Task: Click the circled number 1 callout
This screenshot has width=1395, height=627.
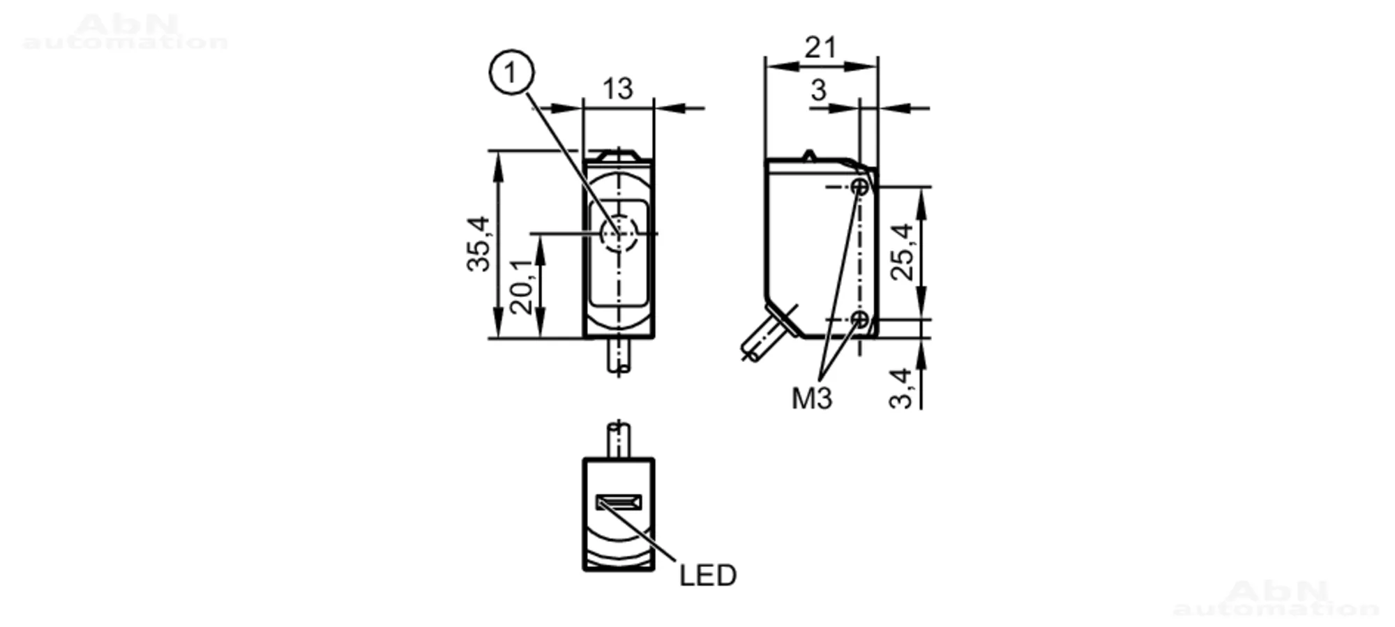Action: pos(512,73)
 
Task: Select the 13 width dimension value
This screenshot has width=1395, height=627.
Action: pos(617,89)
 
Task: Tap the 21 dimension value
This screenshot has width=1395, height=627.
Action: pos(820,47)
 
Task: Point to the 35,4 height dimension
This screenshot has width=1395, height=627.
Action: pos(479,243)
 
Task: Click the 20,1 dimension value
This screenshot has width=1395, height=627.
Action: pos(522,286)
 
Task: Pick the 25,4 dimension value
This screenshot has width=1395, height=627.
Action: pos(903,252)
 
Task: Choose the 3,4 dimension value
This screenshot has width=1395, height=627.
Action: pos(901,388)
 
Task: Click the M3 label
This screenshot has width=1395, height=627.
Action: pos(812,398)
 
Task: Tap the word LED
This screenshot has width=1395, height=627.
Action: pos(708,575)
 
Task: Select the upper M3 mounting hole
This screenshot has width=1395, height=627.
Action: pos(861,187)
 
